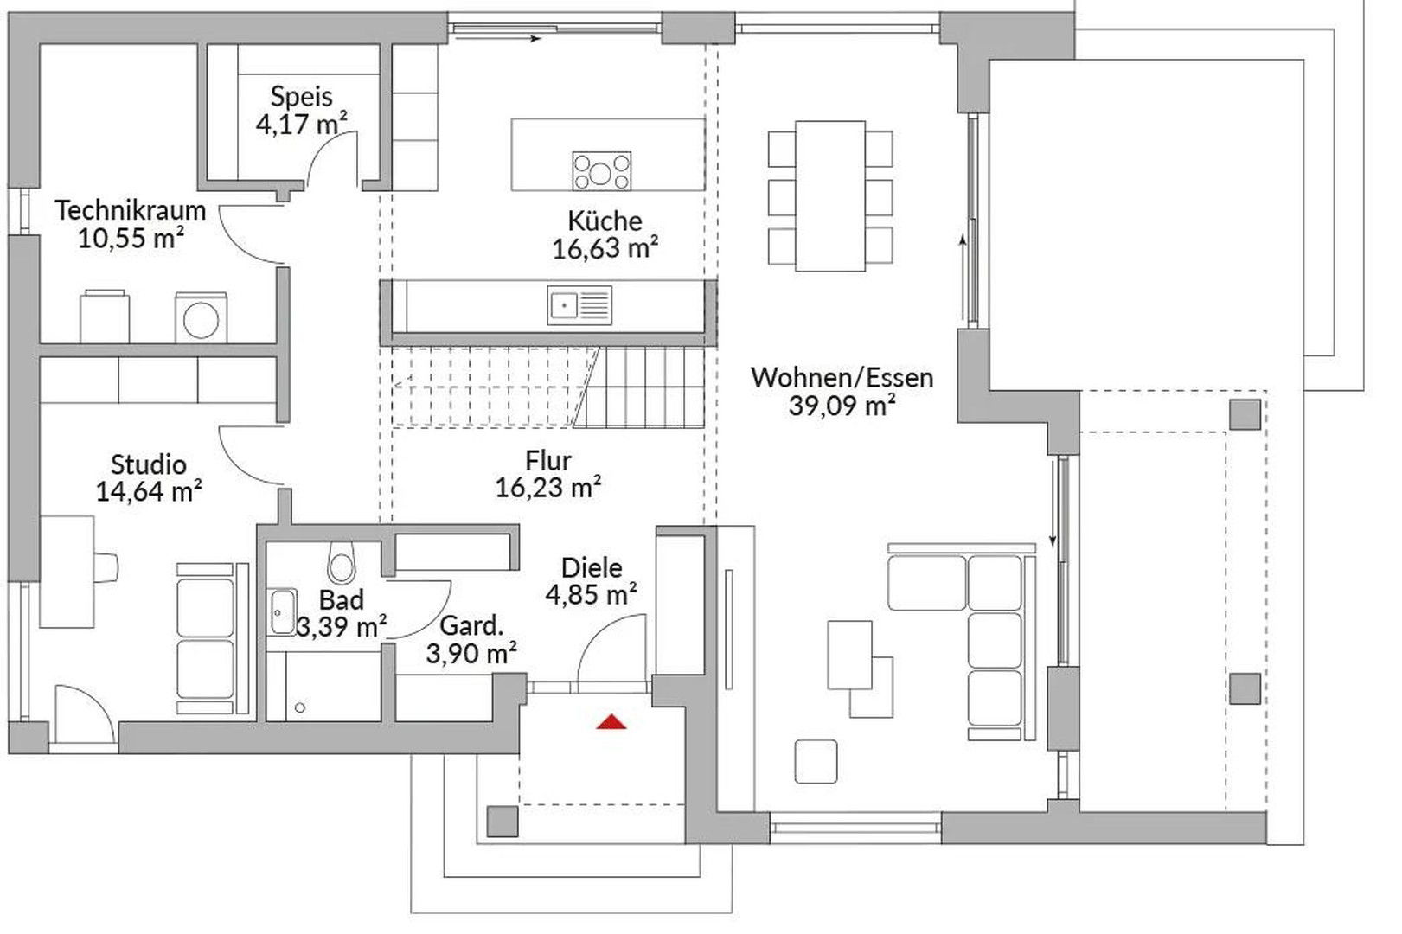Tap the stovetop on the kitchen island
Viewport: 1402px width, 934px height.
pyautogui.click(x=601, y=171)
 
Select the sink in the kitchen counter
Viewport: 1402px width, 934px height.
pyautogui.click(x=579, y=305)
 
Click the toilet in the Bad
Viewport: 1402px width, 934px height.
pyautogui.click(x=341, y=562)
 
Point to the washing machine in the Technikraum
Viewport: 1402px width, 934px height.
pyautogui.click(x=201, y=317)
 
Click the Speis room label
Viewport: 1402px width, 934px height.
pyautogui.click(x=302, y=96)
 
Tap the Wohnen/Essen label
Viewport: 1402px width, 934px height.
pyautogui.click(x=842, y=377)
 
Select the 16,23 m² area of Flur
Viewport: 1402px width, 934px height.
pyautogui.click(x=548, y=487)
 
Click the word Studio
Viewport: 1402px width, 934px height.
pyautogui.click(x=149, y=464)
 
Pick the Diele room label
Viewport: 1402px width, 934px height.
pyautogui.click(x=592, y=568)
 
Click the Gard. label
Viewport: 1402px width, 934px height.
pyautogui.click(x=471, y=625)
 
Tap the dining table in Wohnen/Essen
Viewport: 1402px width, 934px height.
pyautogui.click(x=830, y=196)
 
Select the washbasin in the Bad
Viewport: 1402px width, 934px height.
pyautogui.click(x=282, y=612)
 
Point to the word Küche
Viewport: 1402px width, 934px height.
pyautogui.click(x=605, y=221)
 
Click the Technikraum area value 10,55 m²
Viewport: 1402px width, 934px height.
pyautogui.click(x=131, y=238)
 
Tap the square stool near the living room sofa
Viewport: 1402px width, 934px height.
pyautogui.click(x=816, y=761)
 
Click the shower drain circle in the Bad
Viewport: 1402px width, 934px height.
pyautogui.click(x=300, y=708)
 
